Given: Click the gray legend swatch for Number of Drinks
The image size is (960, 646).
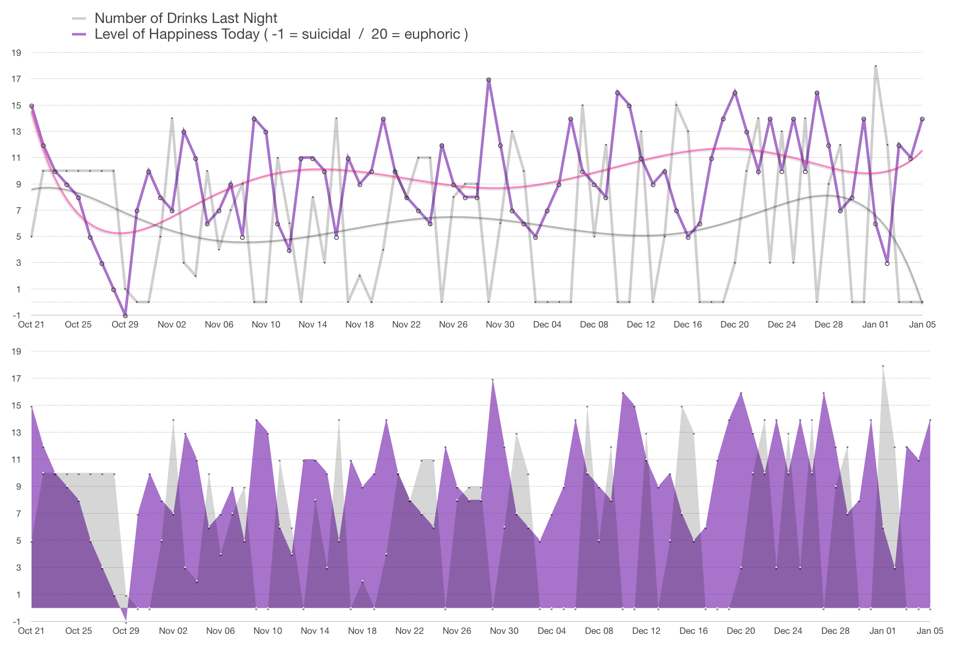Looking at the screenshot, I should click(79, 18).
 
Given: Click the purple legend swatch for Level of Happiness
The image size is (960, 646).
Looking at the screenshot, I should click(79, 34).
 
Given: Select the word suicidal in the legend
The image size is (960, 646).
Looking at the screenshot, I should click(326, 34).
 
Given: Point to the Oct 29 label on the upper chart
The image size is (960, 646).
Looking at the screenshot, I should click(125, 325).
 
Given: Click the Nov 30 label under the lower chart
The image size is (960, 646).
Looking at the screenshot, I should click(504, 631).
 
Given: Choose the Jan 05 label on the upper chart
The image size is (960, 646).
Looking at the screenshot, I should click(922, 325).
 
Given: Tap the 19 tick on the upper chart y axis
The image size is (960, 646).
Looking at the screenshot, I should click(16, 53).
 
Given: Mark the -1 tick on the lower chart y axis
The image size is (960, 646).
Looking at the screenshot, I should click(16, 622).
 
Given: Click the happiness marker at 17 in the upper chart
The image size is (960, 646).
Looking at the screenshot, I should click(489, 80).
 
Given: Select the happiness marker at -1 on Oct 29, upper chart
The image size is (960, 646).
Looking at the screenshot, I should click(125, 316).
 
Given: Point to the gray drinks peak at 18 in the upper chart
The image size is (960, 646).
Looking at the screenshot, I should click(875, 66).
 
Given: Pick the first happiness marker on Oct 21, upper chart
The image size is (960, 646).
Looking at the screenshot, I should click(32, 106).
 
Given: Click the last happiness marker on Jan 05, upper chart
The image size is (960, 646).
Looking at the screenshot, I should click(922, 119).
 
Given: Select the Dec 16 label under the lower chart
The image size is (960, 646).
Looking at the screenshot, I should click(693, 631).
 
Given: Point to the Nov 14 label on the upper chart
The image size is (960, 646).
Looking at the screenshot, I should click(312, 325).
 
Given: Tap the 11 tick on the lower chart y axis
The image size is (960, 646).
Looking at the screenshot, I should click(16, 459).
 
